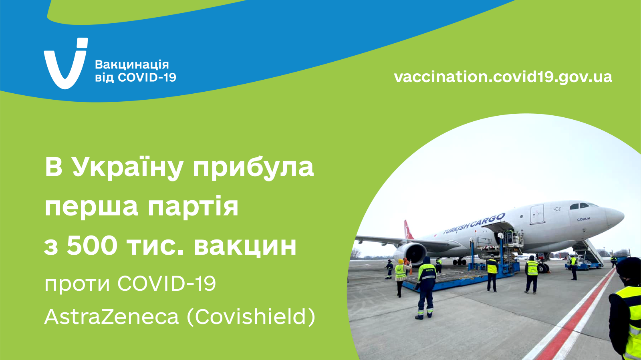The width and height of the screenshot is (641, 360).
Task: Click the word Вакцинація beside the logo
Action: pyautogui.click(x=132, y=64)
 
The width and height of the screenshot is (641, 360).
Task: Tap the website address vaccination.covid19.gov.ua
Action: pyautogui.click(x=503, y=77)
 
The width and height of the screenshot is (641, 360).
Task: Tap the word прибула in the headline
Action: pyautogui.click(x=253, y=169)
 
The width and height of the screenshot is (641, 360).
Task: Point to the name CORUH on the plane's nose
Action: pyautogui.click(x=583, y=219)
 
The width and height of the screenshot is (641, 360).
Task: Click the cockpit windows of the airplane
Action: pyautogui.click(x=583, y=205)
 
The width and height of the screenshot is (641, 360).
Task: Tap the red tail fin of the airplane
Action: pyautogui.click(x=408, y=229)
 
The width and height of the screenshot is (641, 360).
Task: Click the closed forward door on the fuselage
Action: pyautogui.click(x=537, y=214)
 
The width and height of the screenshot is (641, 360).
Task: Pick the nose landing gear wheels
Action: pyautogui.click(x=543, y=268)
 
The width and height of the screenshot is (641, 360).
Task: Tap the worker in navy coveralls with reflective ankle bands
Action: pyautogui.click(x=426, y=288)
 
